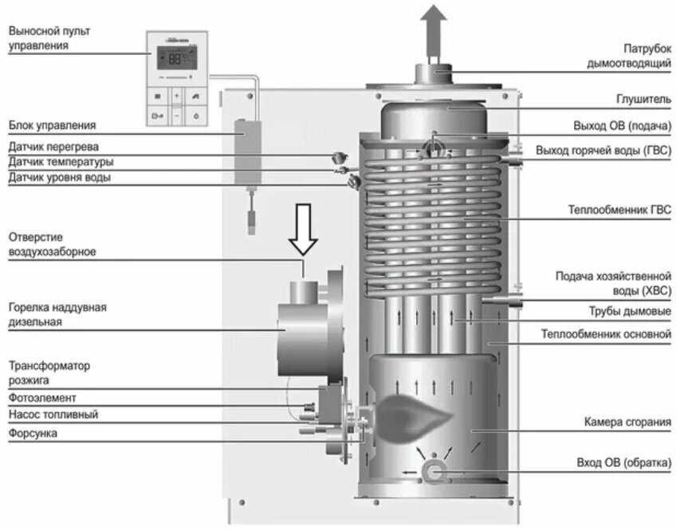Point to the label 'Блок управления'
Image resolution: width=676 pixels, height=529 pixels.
52,125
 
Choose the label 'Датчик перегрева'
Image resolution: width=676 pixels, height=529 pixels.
54,147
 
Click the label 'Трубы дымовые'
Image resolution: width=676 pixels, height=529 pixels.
635,311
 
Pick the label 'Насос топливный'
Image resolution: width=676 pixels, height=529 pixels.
53,415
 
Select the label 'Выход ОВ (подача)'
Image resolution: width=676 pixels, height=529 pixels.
622,126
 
